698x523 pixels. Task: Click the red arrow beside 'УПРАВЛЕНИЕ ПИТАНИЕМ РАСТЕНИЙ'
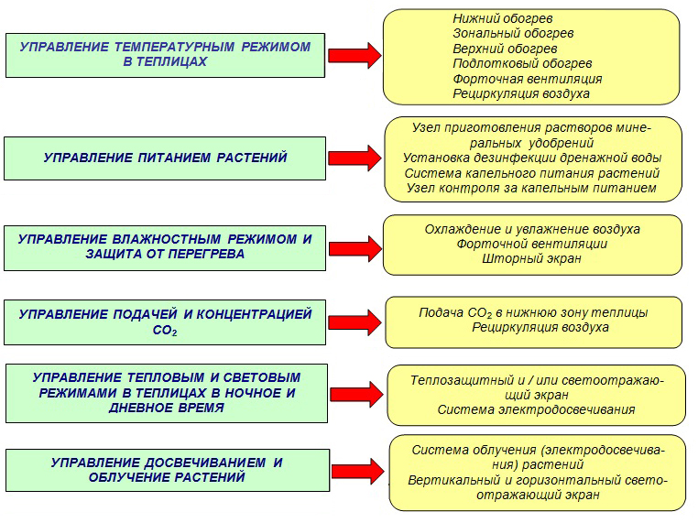point(354,158)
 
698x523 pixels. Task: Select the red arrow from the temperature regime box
point(354,56)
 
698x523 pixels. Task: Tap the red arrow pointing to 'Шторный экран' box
point(355,248)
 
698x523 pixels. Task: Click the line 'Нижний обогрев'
point(503,18)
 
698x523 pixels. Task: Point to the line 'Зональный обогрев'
point(513,33)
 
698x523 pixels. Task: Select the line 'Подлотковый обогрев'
point(522,63)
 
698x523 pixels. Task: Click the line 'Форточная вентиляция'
point(528,80)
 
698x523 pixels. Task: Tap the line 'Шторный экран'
point(532,258)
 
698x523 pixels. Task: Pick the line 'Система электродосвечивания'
point(536,409)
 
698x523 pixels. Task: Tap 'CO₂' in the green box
point(165,331)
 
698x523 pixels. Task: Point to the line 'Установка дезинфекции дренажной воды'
point(532,158)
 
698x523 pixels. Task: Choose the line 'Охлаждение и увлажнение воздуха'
point(532,229)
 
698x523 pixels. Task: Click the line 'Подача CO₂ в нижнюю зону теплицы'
point(533,313)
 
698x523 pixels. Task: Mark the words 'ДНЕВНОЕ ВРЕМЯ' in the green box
point(167,408)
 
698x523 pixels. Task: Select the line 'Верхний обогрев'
point(505,49)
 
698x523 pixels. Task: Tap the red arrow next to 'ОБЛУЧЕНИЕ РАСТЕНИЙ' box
point(358,471)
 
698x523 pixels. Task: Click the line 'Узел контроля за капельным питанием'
point(531,189)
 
